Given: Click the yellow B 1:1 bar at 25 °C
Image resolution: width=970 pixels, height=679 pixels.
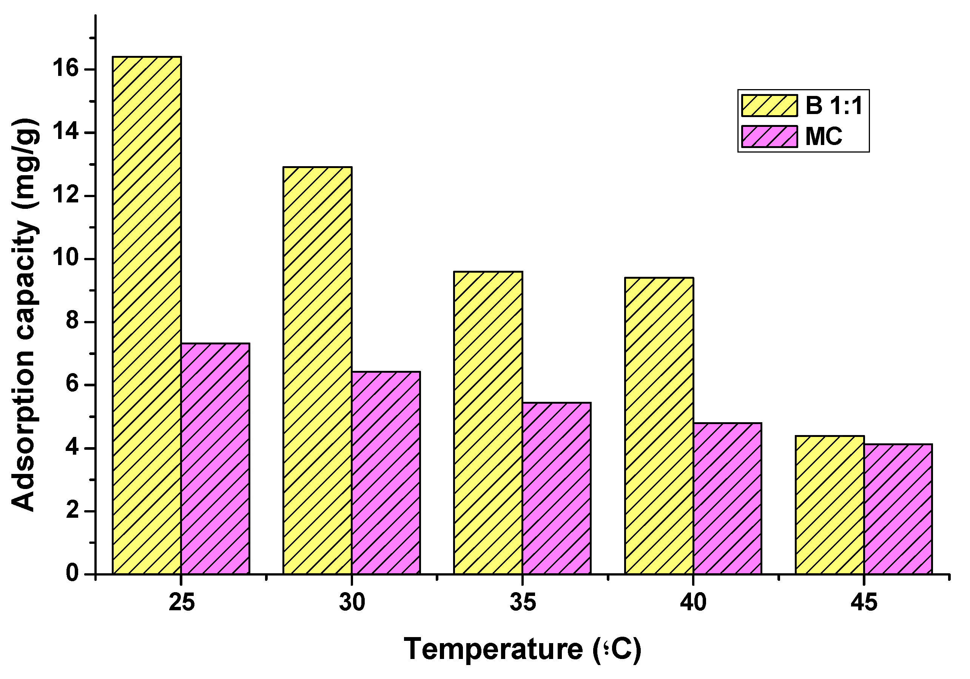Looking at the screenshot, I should (147, 315).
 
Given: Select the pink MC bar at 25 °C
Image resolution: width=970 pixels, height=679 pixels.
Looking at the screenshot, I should (216, 458).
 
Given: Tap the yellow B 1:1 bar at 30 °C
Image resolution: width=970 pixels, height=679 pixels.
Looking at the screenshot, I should (317, 370).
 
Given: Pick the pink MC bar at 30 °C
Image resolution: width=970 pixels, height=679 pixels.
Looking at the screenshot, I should (386, 473).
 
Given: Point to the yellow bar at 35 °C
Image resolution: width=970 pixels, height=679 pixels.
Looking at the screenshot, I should (488, 423).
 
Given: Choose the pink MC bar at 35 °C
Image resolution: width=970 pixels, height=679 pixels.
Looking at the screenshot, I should (557, 488).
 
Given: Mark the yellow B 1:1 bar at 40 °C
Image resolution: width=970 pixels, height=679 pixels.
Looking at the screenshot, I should (659, 426).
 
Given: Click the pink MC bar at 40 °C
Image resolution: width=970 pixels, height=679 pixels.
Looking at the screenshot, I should (727, 498).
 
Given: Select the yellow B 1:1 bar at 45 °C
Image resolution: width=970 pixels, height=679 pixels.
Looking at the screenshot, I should (830, 505).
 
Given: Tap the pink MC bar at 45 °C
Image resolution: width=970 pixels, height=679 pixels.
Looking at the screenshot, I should (898, 509).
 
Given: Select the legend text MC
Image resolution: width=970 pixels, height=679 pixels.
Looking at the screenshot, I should (823, 136).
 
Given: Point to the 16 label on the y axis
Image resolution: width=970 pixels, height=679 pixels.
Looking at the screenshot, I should (65, 69).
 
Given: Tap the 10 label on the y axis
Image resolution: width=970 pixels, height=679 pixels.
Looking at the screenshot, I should (65, 258).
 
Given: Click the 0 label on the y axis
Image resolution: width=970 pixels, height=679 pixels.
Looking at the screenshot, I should (72, 573).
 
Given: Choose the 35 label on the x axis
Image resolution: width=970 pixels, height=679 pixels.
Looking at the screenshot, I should (523, 602).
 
